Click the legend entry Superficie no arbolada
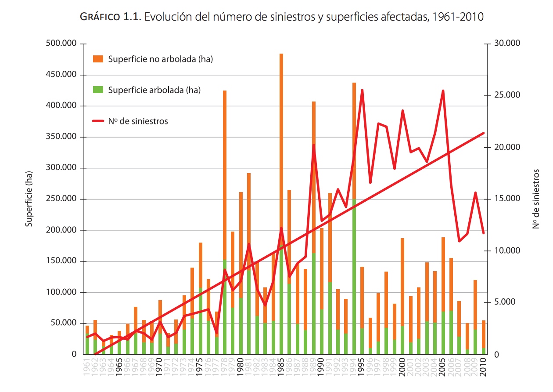[x=160, y=59]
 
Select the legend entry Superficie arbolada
[x=154, y=90]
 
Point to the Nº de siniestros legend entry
[x=138, y=121]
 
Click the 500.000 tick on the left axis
[x=61, y=44]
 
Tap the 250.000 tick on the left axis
[x=61, y=199]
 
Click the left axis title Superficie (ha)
[x=29, y=199]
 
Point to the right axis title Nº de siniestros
[x=536, y=199]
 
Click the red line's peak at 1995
[x=362, y=90]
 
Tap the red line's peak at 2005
[x=443, y=91]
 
